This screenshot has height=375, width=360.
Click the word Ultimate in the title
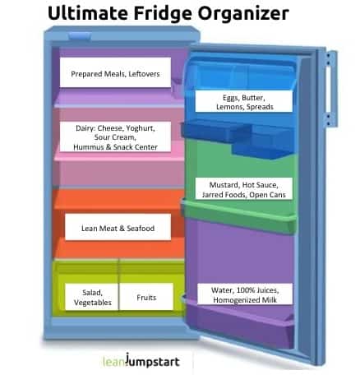pyautogui.click(x=88, y=13)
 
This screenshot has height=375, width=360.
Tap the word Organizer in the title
pyautogui.click(x=243, y=13)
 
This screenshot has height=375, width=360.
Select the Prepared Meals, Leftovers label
pyautogui.click(x=115, y=72)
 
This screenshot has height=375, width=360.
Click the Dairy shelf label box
pyautogui.click(x=115, y=137)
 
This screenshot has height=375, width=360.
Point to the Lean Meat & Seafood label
pyautogui.click(x=118, y=227)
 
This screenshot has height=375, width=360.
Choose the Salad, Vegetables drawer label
pyautogui.click(x=92, y=297)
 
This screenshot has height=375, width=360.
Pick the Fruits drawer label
pyautogui.click(x=146, y=297)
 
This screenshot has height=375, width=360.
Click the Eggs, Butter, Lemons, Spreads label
pyautogui.click(x=244, y=101)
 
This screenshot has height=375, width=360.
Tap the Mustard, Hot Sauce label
pyautogui.click(x=244, y=188)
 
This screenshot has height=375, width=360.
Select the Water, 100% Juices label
pyautogui.click(x=245, y=294)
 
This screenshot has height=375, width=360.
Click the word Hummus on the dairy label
pyautogui.click(x=88, y=147)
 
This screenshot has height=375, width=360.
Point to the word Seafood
pyautogui.click(x=141, y=228)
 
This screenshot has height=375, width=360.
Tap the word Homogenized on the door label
pyautogui.click(x=236, y=300)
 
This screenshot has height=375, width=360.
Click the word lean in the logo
pyautogui.click(x=113, y=361)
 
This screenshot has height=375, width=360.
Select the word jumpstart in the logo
pyautogui.click(x=153, y=361)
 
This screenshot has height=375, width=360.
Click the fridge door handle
pyautogui.click(x=331, y=88)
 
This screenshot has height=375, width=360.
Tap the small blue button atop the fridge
pyautogui.click(x=80, y=35)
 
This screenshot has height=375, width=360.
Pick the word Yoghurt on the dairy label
pyautogui.click(x=141, y=128)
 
